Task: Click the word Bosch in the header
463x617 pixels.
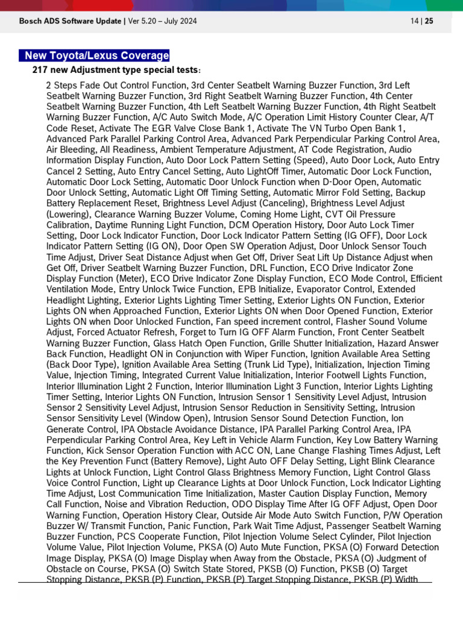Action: (x=30, y=22)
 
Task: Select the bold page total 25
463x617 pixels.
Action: (x=429, y=22)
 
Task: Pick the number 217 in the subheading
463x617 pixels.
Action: (x=40, y=70)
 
